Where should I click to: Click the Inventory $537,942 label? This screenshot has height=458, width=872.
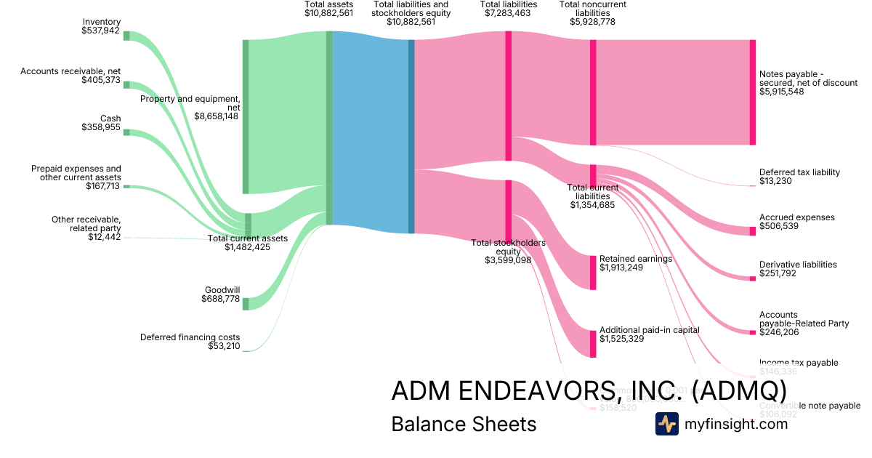tap(102, 27)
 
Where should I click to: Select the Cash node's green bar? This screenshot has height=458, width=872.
tap(126, 132)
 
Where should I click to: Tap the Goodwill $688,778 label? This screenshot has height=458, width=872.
tap(222, 294)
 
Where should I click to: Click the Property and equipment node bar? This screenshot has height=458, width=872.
tap(246, 116)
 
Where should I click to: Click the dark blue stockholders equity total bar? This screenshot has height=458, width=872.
tap(411, 136)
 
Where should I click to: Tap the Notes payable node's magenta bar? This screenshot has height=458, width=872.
tap(752, 92)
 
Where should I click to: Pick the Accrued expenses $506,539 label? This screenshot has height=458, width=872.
tap(796, 222)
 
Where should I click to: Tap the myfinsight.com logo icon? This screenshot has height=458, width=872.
tap(666, 424)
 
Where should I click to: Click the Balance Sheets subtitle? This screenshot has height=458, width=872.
tap(464, 424)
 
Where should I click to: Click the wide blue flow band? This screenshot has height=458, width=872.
tap(371, 131)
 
